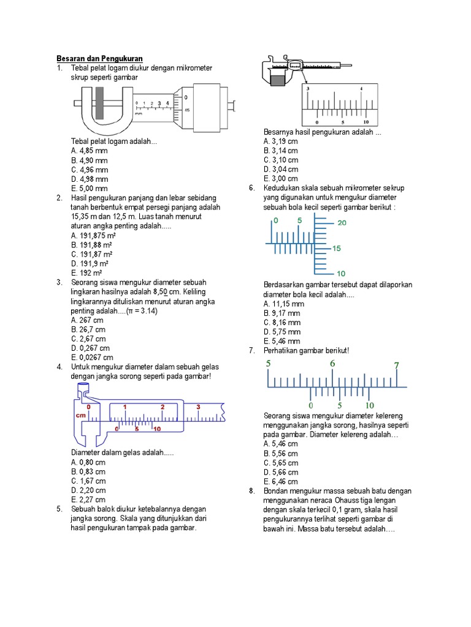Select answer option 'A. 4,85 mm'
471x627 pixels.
[x=89, y=151]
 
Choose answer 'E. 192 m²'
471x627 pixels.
[x=86, y=273]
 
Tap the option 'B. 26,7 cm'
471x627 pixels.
[x=88, y=329]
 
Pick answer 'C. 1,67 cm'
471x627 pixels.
[x=88, y=481]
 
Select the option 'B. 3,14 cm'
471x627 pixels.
[x=280, y=151]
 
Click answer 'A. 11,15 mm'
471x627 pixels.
[x=283, y=304]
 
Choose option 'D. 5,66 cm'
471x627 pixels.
[x=280, y=472]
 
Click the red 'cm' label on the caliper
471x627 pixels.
[x=80, y=415]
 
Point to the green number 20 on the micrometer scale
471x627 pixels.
[x=342, y=223]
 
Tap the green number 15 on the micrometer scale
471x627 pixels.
[x=337, y=249]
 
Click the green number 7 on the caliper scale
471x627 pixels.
[x=397, y=366]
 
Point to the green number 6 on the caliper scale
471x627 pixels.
[x=332, y=364]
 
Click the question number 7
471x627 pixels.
[x=251, y=350]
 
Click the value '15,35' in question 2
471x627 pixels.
[x=81, y=217]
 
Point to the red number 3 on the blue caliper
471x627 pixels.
[x=198, y=407]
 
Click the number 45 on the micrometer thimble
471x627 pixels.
[x=186, y=110]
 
